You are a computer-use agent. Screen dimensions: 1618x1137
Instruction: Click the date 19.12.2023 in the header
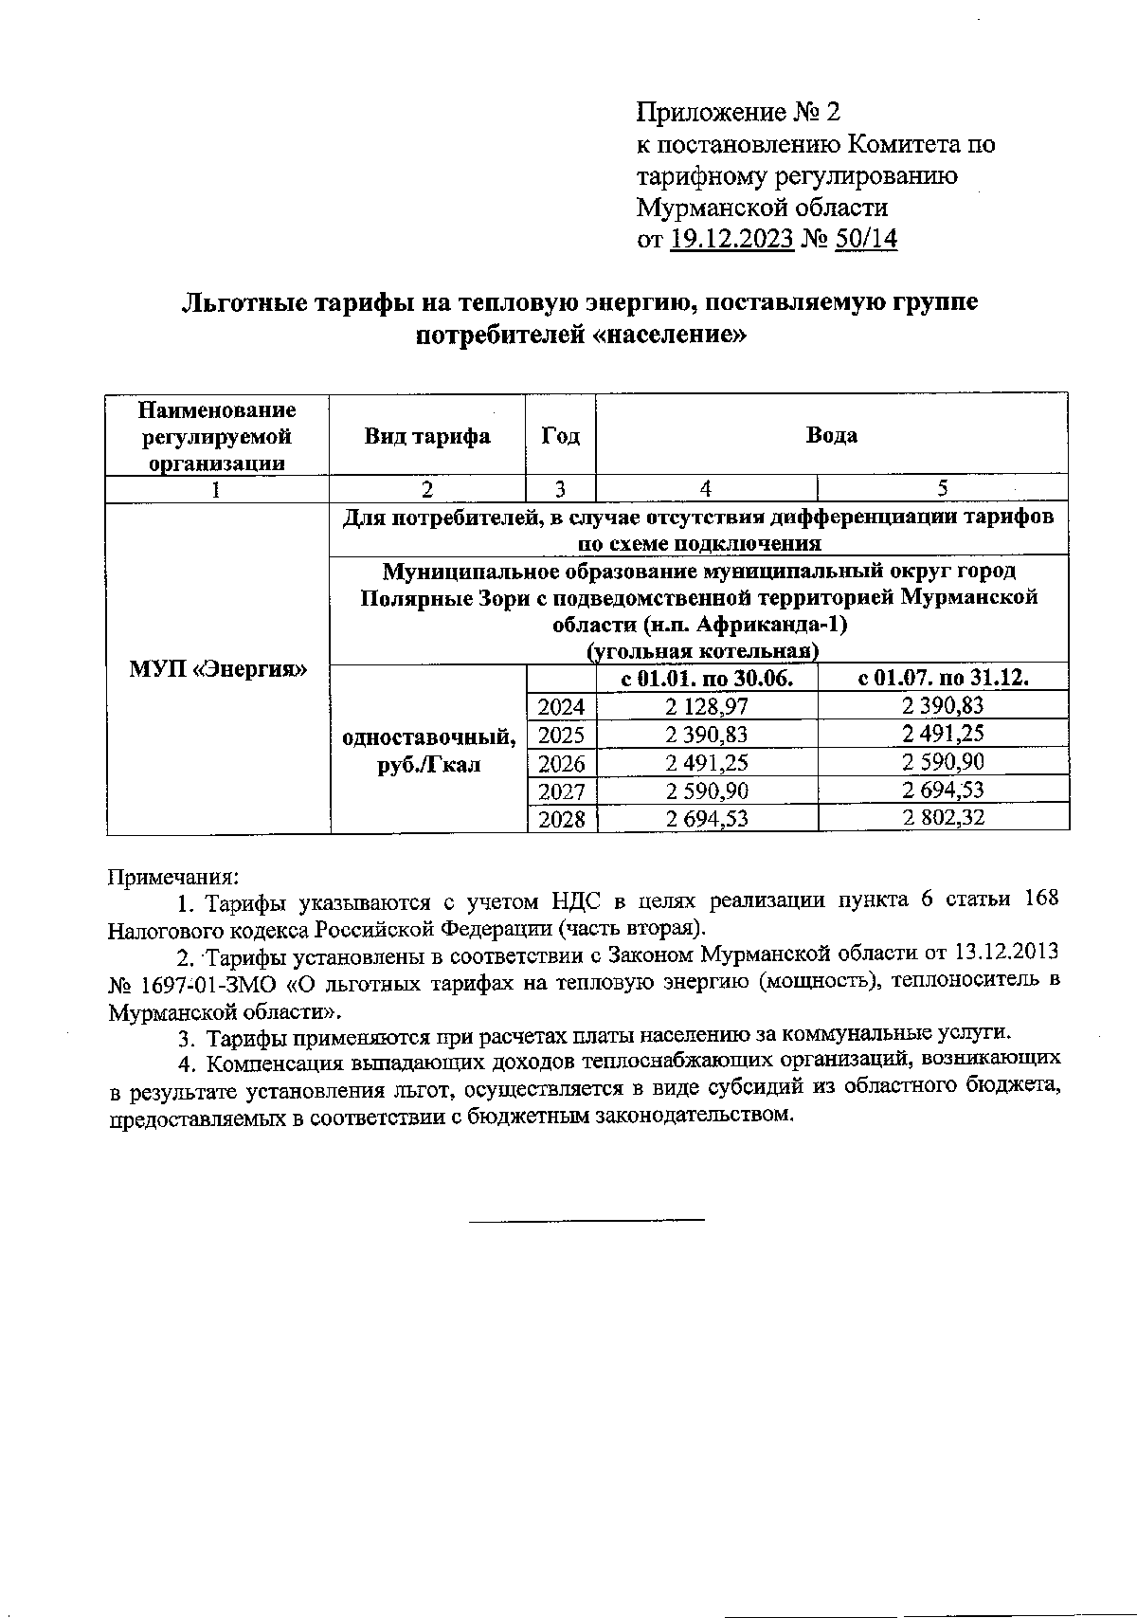coord(731,240)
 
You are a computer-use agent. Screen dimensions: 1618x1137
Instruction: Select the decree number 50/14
coord(867,240)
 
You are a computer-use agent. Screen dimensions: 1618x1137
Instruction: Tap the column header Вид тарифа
coord(427,436)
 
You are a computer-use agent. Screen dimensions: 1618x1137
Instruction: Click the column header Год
coord(561,436)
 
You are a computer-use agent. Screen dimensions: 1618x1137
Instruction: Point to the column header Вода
coord(831,435)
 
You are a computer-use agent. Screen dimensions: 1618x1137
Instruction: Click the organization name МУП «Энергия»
coord(218,668)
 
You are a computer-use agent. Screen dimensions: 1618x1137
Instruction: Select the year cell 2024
coord(562,706)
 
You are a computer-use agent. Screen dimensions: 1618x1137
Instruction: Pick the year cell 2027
coord(562,791)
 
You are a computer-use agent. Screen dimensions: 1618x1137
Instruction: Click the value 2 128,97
coord(706,706)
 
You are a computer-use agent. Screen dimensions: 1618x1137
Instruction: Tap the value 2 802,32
coord(943,818)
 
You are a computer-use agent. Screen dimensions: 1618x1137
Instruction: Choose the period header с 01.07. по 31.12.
coord(943,678)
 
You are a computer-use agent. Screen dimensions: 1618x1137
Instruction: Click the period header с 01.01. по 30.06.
coord(706,678)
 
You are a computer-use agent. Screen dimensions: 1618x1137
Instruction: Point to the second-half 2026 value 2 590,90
coord(943,762)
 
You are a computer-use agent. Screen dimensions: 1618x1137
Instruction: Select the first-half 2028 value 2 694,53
coord(706,819)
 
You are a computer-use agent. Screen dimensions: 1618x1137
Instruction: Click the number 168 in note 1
coord(1040,900)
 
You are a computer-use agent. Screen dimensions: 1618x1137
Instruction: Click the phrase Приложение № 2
coord(738,113)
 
